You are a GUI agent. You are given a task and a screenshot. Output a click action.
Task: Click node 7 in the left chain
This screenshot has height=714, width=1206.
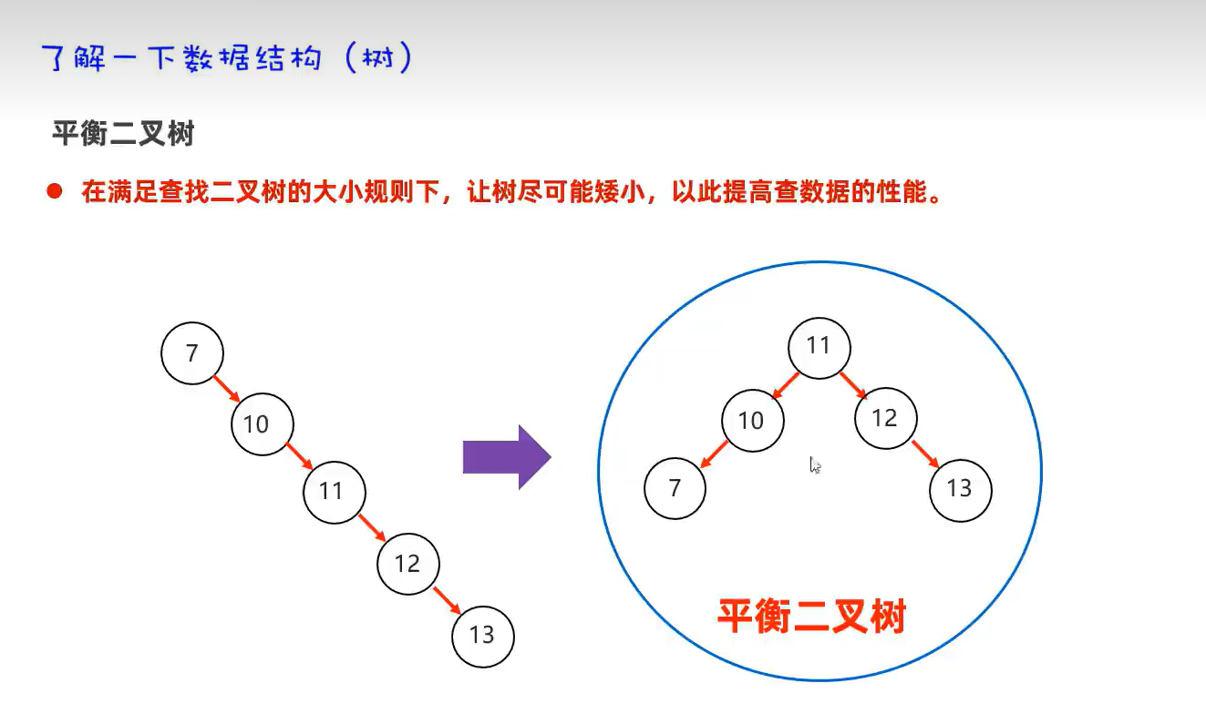coord(191,353)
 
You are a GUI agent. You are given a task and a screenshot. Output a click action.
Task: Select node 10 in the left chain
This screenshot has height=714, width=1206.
coord(263,423)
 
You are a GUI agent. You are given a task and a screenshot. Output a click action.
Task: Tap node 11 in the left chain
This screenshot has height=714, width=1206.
coord(335,492)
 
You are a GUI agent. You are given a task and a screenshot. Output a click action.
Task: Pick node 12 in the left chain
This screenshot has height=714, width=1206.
coord(408,564)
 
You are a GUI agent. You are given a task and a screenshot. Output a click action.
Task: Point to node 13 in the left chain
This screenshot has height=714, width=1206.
coord(483,635)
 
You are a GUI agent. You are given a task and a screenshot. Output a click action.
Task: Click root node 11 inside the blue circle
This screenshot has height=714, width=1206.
coord(819,346)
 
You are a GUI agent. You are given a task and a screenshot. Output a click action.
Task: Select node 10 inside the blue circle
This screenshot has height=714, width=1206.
coord(752,420)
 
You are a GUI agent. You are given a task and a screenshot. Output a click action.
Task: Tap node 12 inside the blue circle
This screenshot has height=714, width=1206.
coord(885,418)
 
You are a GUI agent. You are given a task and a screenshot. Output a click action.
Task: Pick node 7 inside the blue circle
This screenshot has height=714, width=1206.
coord(675,489)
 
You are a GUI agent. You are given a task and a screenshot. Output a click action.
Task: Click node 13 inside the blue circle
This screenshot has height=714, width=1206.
coord(960,489)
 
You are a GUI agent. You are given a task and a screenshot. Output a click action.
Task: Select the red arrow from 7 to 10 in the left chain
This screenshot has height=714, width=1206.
coord(226,388)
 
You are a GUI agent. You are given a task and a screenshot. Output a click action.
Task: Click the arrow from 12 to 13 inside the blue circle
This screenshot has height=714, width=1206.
coord(925,454)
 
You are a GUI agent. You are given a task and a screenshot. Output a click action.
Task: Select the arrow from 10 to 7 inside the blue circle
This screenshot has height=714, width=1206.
coord(715,454)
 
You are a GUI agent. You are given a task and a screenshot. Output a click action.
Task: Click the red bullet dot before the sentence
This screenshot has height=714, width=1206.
coord(55,192)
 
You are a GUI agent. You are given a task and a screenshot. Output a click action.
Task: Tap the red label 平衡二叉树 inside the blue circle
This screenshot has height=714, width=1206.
coord(811,617)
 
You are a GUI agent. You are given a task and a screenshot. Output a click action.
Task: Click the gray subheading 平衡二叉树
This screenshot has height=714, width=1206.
coord(123,136)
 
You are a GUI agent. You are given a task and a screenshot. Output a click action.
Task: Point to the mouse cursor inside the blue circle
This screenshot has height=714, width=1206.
coord(815,465)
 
